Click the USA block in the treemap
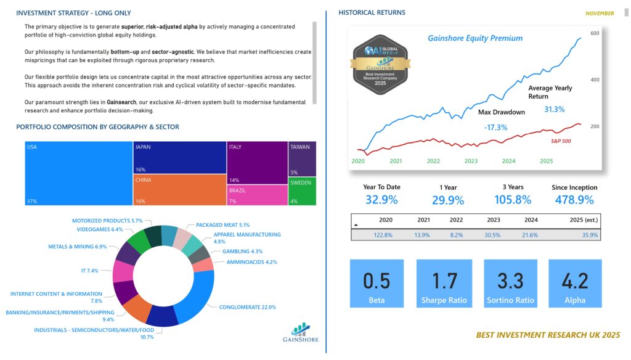point(79,173)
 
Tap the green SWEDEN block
point(302,192)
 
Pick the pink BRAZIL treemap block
point(256,195)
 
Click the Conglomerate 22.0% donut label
point(247,307)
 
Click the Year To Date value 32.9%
point(381,200)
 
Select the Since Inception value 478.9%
point(573,200)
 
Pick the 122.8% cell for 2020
point(383,235)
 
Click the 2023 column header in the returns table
point(493,220)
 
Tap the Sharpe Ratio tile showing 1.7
point(444,283)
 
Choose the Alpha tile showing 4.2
point(575,283)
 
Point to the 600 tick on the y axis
point(595,33)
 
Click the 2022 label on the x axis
point(433,161)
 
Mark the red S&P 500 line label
point(560,141)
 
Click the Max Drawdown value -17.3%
point(495,128)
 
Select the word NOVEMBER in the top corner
point(599,13)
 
